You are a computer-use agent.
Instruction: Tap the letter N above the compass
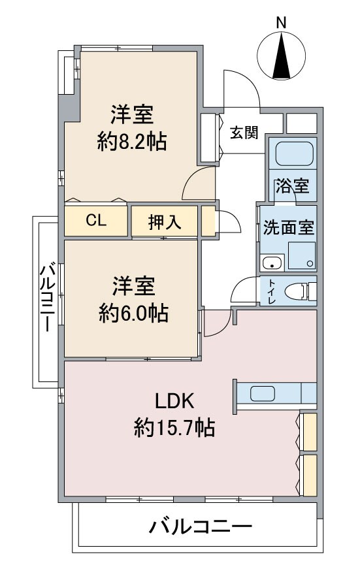[x=282, y=22]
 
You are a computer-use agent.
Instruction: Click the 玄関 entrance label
[x=243, y=133]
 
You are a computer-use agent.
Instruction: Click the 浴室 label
[x=292, y=186]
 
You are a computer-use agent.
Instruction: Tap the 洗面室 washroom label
[x=288, y=229]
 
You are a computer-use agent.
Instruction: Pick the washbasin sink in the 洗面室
[x=271, y=263]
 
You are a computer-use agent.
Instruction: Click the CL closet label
[x=96, y=221]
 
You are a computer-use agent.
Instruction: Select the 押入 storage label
[x=164, y=222]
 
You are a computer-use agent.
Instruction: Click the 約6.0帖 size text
[x=133, y=314]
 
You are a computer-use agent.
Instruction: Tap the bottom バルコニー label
[x=200, y=526]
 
